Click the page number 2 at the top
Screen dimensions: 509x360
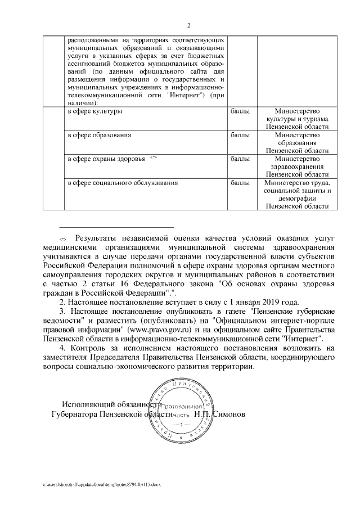click(189, 25)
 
